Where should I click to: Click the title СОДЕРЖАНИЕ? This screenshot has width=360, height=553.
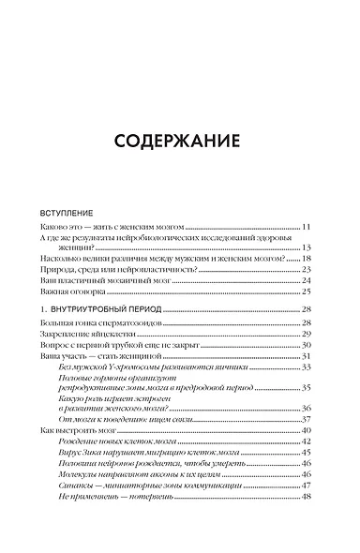(x=179, y=142)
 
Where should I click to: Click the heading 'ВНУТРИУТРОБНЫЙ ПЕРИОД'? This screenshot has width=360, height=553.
(x=108, y=308)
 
